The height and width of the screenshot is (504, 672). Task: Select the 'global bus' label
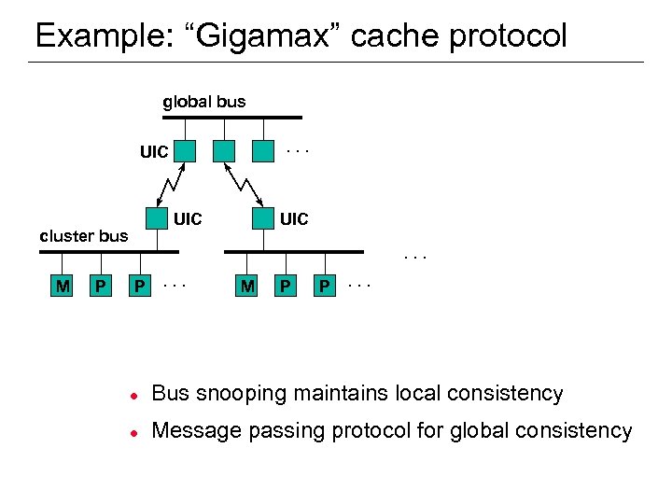[x=204, y=101]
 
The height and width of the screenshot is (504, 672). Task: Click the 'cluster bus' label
[x=83, y=235]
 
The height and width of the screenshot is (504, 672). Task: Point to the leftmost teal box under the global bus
[x=186, y=150]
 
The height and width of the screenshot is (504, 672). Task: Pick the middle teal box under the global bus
[x=225, y=150]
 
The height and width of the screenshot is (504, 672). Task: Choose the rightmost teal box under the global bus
[x=264, y=150]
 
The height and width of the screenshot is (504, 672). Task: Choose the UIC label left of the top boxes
[x=154, y=151]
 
